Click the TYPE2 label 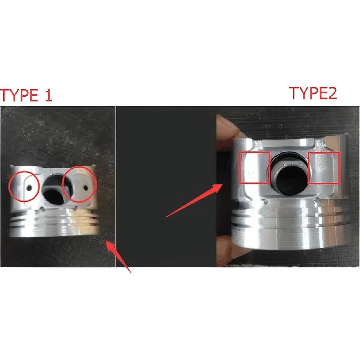pos(313,93)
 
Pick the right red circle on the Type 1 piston pos(80,184)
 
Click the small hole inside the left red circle pos(29,187)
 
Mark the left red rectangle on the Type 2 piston pos(254,168)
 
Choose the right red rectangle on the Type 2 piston pos(324,168)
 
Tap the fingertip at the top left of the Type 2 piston pos(226,128)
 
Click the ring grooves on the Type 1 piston pos(52,220)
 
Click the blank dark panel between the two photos pos(166,160)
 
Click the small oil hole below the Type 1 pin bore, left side pos(43,208)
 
